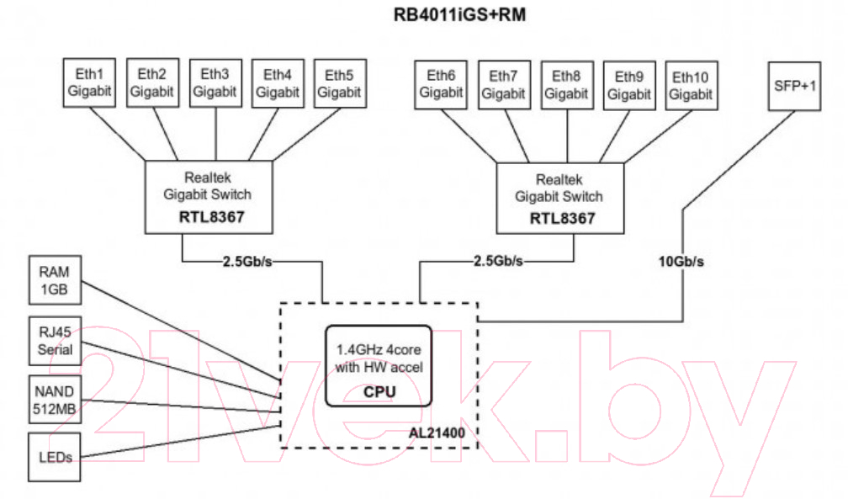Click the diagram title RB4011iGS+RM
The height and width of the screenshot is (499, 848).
tap(459, 14)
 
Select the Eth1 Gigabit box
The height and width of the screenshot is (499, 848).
tap(89, 82)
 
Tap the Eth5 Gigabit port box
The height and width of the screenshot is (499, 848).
tap(340, 83)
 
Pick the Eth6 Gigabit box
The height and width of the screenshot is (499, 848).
tap(441, 85)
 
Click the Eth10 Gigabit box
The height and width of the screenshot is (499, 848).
tap(692, 86)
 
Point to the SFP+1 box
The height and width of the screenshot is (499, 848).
tap(794, 86)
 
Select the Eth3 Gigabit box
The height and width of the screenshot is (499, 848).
tap(215, 83)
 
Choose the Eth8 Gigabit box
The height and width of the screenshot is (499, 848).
tap(567, 85)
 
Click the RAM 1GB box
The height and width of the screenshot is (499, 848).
tap(56, 280)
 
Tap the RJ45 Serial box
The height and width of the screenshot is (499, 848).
tap(56, 341)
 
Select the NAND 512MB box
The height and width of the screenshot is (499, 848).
tap(56, 400)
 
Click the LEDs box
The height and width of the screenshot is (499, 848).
tap(55, 457)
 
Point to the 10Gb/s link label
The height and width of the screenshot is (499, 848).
tap(681, 262)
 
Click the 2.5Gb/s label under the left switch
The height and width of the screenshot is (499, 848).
tap(247, 262)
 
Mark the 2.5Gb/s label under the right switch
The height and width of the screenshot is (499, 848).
tap(498, 261)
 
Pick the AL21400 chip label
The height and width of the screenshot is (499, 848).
tap(437, 433)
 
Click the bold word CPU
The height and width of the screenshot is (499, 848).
tap(379, 392)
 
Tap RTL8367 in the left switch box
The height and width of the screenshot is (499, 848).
tap(211, 217)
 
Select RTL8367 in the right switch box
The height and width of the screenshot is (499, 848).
tap(563, 219)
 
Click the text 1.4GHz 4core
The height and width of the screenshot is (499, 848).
tap(379, 349)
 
